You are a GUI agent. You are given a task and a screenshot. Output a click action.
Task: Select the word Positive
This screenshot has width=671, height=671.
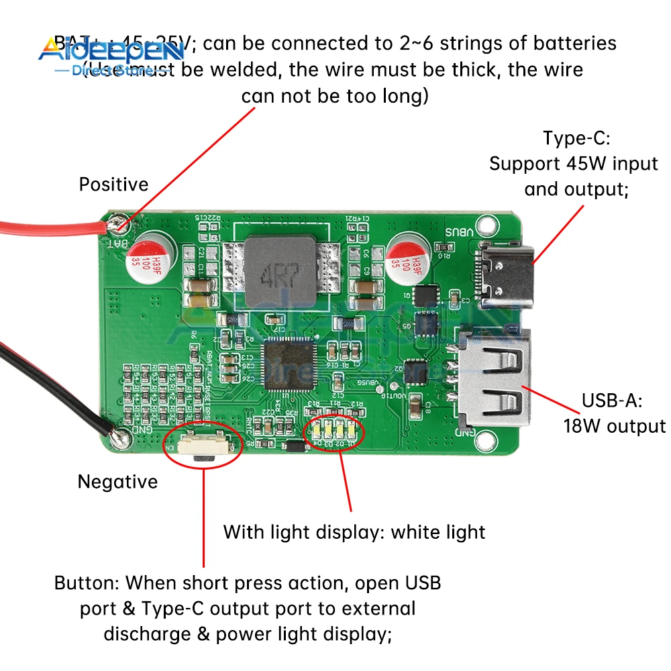(x=113, y=185)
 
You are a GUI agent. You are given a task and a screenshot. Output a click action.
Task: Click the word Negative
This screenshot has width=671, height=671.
(x=117, y=482)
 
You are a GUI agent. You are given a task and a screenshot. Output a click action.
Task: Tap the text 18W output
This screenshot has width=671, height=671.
(x=614, y=426)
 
